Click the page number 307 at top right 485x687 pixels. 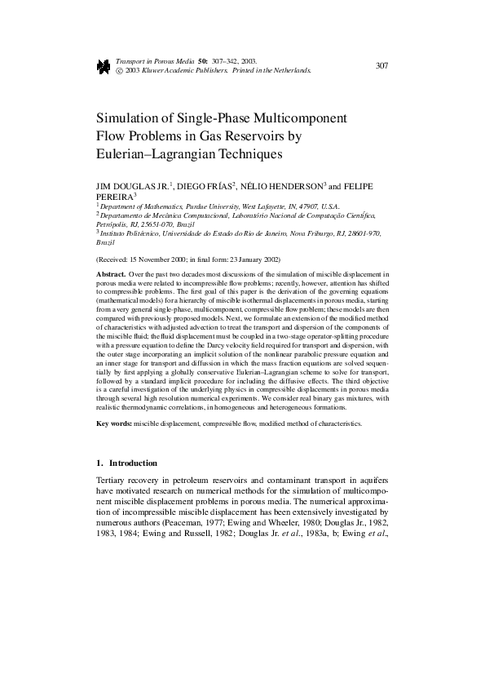(x=381, y=65)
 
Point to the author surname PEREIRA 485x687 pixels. (x=115, y=197)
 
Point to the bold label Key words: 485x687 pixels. (x=113, y=424)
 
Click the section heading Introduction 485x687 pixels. (x=133, y=463)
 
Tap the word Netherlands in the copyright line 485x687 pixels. (x=291, y=71)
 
